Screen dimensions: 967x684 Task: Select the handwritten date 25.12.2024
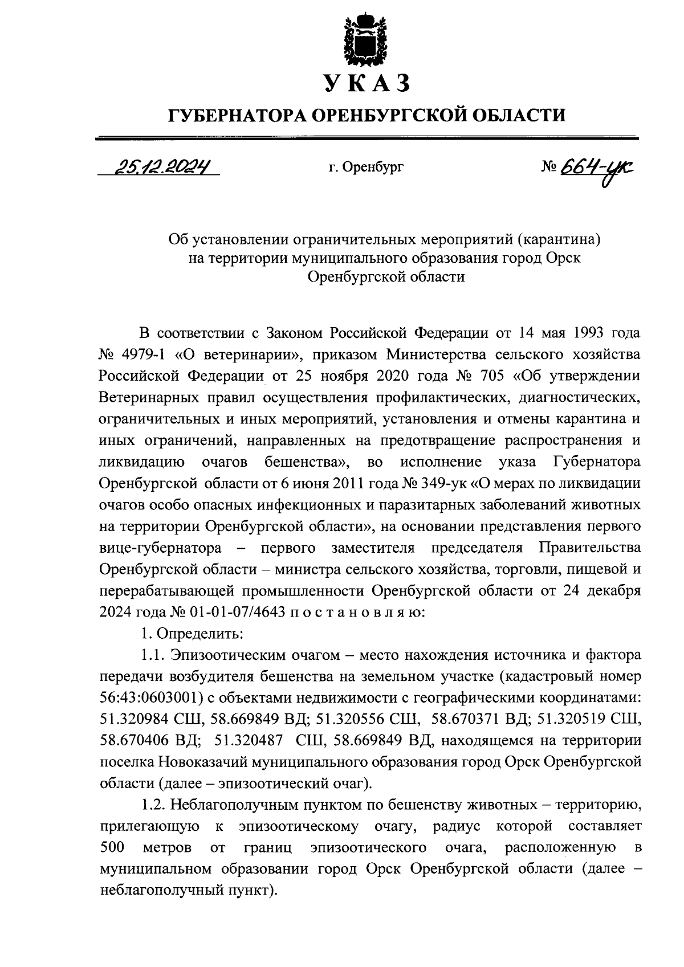162,166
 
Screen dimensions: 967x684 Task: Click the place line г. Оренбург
366,168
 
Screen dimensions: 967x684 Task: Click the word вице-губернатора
160,548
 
